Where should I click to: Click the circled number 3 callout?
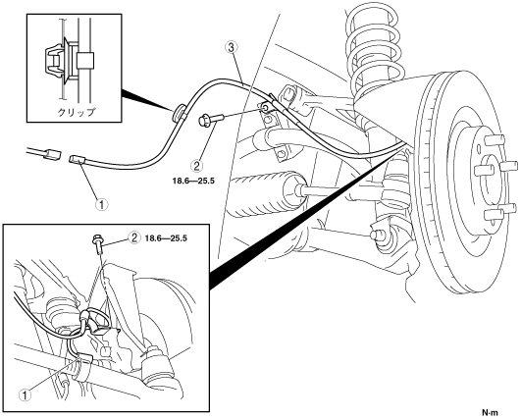pyautogui.click(x=232, y=47)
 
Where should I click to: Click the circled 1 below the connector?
pyautogui.click(x=102, y=204)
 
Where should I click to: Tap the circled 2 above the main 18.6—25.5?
pyautogui.click(x=196, y=165)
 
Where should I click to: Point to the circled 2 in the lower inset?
pyautogui.click(x=134, y=237)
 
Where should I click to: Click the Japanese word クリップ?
pyautogui.click(x=77, y=112)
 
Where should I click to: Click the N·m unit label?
pyautogui.click(x=491, y=413)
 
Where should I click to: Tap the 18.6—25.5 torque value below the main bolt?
pyautogui.click(x=193, y=181)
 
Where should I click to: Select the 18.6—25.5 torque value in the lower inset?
pyautogui.click(x=166, y=237)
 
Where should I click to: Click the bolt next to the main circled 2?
pyautogui.click(x=211, y=120)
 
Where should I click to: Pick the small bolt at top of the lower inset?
pyautogui.click(x=97, y=243)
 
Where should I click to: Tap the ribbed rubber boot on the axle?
pyautogui.click(x=263, y=192)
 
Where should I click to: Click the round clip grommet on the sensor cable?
pyautogui.click(x=180, y=112)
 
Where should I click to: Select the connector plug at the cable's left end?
pyautogui.click(x=77, y=160)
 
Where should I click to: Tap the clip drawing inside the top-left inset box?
pyautogui.click(x=69, y=60)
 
